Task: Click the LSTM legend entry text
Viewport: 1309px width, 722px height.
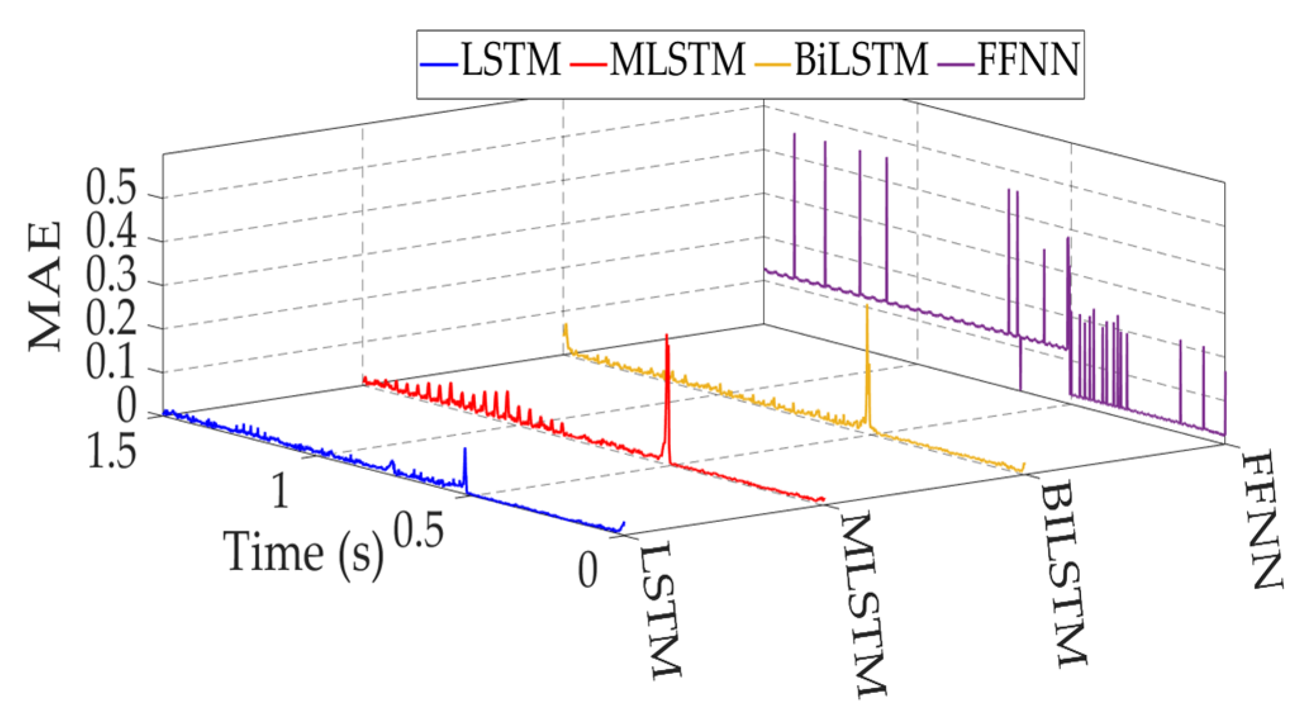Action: (x=510, y=61)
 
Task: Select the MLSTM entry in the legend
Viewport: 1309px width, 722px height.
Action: (x=677, y=61)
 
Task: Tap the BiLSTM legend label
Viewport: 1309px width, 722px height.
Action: (x=861, y=61)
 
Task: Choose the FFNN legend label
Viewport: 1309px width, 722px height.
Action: (x=1028, y=61)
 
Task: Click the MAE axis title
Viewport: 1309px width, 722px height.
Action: (x=46, y=286)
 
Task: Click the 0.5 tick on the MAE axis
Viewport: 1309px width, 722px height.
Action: (x=111, y=188)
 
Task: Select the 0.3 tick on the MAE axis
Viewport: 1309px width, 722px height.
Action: (x=111, y=276)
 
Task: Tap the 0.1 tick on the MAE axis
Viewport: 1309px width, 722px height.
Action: (x=111, y=363)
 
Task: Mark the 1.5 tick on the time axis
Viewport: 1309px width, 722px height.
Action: (x=111, y=452)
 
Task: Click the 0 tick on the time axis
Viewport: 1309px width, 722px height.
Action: (x=587, y=570)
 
